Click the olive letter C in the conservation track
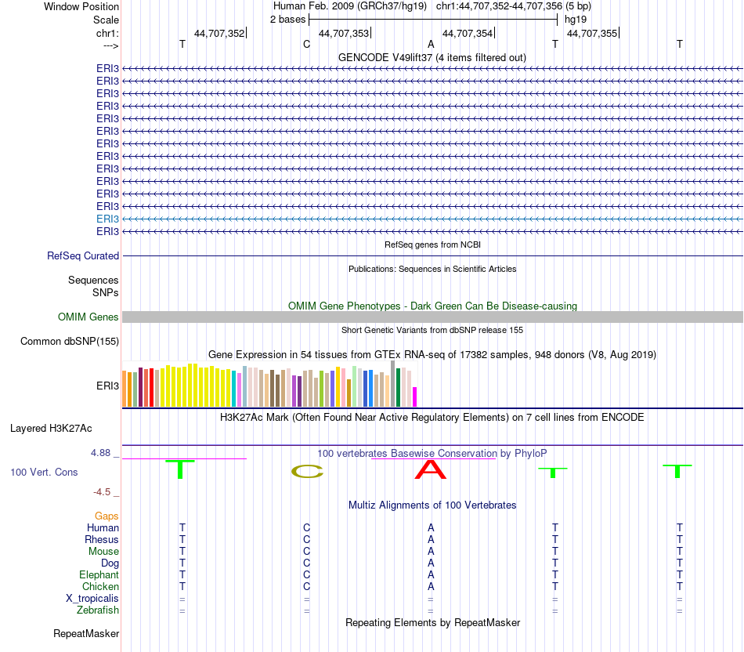pyautogui.click(x=307, y=471)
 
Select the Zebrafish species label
pyautogui.click(x=98, y=610)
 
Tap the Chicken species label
pyautogui.click(x=100, y=587)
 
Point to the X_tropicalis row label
pyautogui.click(x=92, y=599)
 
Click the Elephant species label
pyautogui.click(x=99, y=575)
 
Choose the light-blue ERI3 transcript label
pyautogui.click(x=107, y=219)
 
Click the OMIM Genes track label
pyautogui.click(x=88, y=317)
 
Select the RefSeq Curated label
pyautogui.click(x=83, y=255)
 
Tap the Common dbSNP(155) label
pyautogui.click(x=70, y=341)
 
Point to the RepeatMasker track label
pyautogui.click(x=86, y=633)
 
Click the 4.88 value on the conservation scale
pyautogui.click(x=102, y=453)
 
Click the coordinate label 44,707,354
pyautogui.click(x=468, y=33)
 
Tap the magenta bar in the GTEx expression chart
pyautogui.click(x=415, y=397)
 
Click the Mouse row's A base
pyautogui.click(x=431, y=552)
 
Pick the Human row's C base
pyautogui.click(x=307, y=528)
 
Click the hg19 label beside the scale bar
pyautogui.click(x=576, y=19)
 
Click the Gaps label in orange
pyautogui.click(x=107, y=516)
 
